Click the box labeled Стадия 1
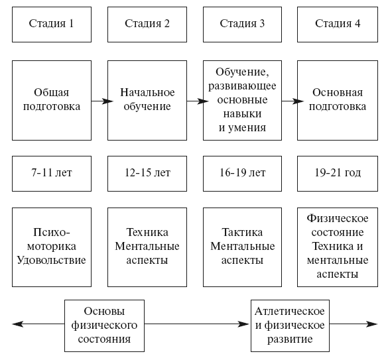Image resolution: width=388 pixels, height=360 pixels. point(52,25)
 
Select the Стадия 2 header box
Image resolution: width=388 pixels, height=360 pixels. point(147,25)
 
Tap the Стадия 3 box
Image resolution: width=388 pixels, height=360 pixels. point(242,25)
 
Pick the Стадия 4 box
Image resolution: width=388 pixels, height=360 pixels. point(338,25)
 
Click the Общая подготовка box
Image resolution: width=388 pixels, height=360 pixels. point(52,101)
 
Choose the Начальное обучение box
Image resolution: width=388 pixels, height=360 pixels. point(147,101)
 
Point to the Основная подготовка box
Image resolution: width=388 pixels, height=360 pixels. point(338,101)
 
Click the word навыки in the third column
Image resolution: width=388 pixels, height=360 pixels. point(242,114)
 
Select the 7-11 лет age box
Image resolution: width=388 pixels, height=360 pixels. point(52,174)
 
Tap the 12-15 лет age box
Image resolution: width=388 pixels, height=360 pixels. point(147,174)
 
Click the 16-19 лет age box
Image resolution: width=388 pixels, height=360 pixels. point(242,174)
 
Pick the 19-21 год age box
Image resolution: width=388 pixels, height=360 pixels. point(338,174)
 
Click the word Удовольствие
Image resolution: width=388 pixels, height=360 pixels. point(52,261)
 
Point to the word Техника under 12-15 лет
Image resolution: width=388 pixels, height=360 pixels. point(147,233)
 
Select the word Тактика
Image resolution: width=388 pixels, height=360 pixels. point(242,233)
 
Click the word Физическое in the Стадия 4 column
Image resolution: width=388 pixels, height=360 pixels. point(338,219)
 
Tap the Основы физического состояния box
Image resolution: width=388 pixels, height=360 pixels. point(104,326)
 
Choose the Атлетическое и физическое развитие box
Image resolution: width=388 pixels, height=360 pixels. point(290,326)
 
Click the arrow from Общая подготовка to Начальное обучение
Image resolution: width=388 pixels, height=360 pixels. point(102,101)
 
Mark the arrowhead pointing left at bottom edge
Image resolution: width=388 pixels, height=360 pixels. point(18,324)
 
